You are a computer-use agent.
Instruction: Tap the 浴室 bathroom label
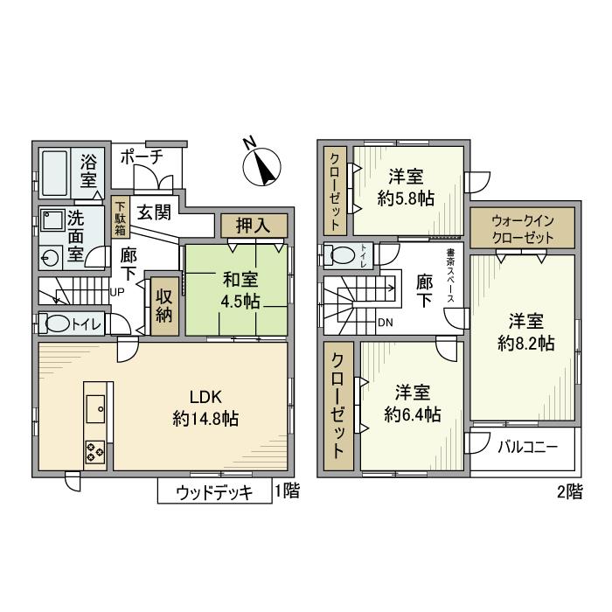point(88,171)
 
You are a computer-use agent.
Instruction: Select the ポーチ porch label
point(141,157)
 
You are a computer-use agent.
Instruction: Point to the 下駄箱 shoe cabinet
point(121,219)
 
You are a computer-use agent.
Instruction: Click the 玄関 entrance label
point(155,213)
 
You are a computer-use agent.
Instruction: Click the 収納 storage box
point(163,306)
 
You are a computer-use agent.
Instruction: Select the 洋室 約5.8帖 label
point(407,186)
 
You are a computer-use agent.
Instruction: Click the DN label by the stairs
point(385,322)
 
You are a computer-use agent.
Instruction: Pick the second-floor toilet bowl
point(337,254)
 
